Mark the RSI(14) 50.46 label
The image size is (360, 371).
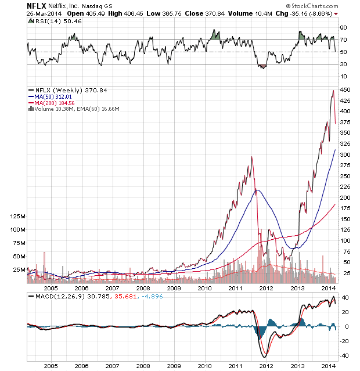point(53,22)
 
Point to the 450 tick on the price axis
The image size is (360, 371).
point(346,90)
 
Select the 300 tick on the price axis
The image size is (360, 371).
point(346,154)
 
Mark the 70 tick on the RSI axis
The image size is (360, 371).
point(344,39)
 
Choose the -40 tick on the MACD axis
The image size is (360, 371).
point(345,356)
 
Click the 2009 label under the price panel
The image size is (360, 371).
point(173,287)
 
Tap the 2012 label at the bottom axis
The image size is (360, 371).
point(267,366)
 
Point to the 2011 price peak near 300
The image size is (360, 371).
point(251,157)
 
